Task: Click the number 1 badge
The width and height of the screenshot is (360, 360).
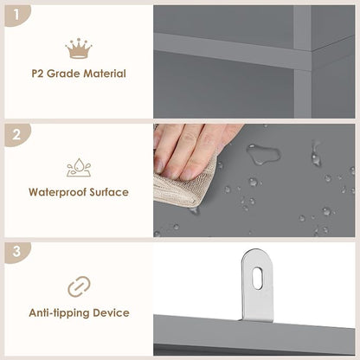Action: pyautogui.click(x=16, y=15)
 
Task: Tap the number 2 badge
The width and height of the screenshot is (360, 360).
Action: pyautogui.click(x=16, y=134)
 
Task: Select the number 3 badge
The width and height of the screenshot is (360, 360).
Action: pyautogui.click(x=16, y=252)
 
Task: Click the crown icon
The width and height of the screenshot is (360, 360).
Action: pyautogui.click(x=79, y=48)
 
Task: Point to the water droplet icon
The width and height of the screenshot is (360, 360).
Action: pyautogui.click(x=79, y=167)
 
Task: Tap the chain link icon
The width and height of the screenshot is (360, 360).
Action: pyautogui.click(x=79, y=286)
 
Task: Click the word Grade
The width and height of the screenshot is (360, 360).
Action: pyautogui.click(x=63, y=74)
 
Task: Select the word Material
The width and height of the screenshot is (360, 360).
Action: pyautogui.click(x=105, y=74)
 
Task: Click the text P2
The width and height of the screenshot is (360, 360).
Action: pyautogui.click(x=37, y=74)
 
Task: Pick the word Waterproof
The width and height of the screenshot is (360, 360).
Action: pyautogui.click(x=58, y=192)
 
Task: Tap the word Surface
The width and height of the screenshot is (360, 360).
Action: pyautogui.click(x=109, y=192)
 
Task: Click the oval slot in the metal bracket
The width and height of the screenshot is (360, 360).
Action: pyautogui.click(x=257, y=278)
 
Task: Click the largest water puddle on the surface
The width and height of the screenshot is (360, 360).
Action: pyautogui.click(x=263, y=154)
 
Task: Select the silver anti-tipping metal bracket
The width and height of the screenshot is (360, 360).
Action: pyautogui.click(x=257, y=286)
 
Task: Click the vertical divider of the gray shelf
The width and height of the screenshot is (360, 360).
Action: pyautogui.click(x=303, y=61)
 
